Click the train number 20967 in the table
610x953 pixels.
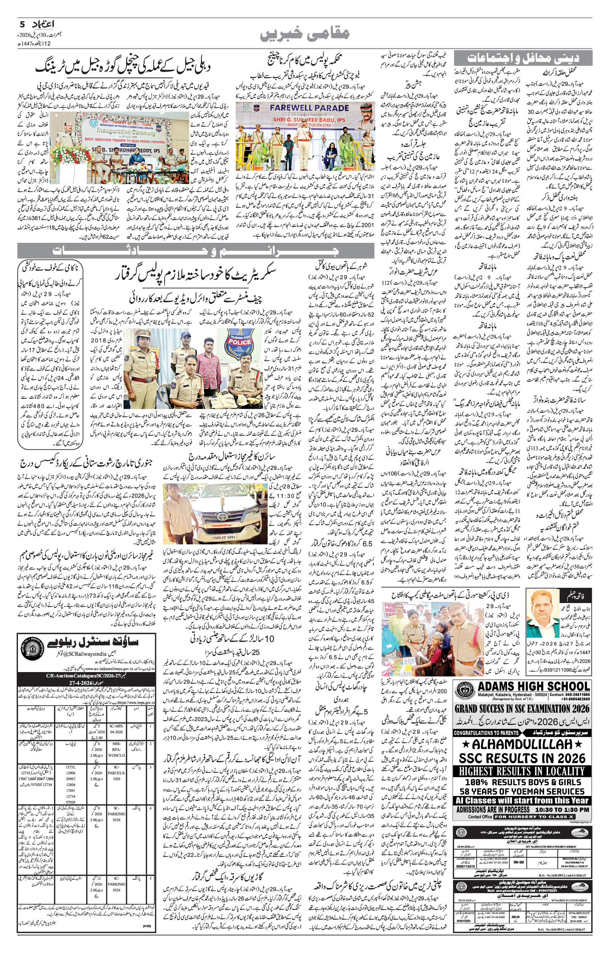coord(71,779)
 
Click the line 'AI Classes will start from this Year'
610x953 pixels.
coord(522,800)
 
